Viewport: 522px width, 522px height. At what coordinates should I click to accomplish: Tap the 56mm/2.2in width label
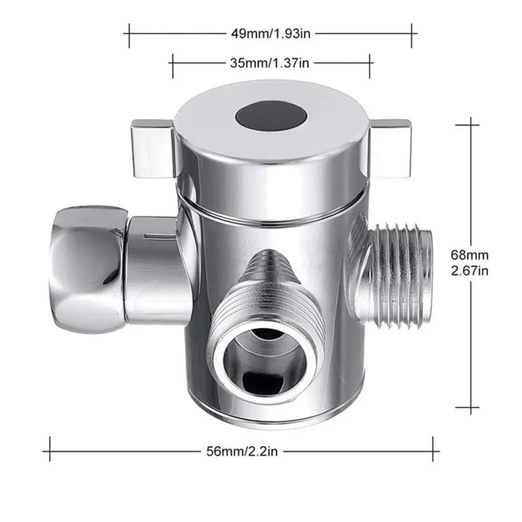pos(241,450)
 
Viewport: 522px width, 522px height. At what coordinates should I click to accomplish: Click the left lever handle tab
pos(151,147)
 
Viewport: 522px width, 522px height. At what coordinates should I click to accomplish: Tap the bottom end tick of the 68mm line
pos(472,409)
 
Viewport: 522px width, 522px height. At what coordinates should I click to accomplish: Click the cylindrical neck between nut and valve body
pos(151,271)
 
